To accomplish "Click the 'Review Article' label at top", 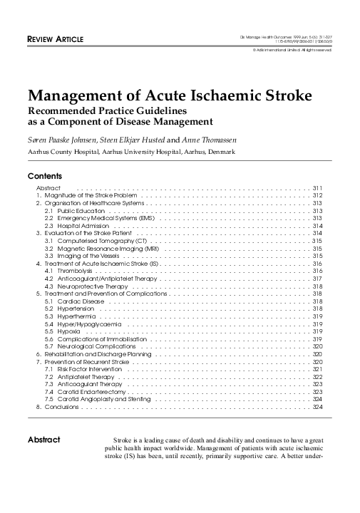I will (56, 38).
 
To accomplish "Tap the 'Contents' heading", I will (45, 175).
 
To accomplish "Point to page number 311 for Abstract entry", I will (318, 187).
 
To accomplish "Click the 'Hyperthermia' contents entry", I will (70, 316).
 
